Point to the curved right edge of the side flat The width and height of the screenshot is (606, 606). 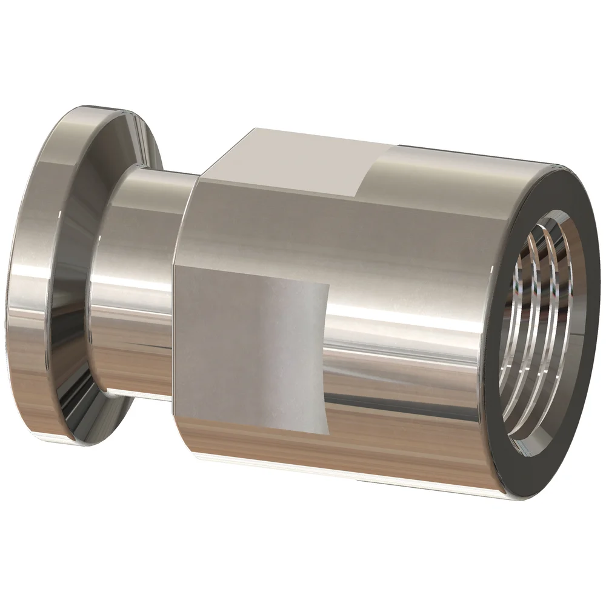[324, 358]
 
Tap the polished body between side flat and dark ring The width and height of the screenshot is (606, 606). [412, 364]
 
